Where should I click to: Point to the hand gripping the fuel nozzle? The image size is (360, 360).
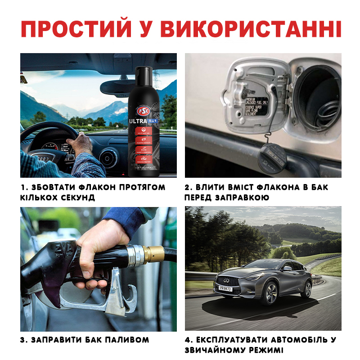coord(101,252)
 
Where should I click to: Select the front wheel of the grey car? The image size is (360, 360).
coord(271,293)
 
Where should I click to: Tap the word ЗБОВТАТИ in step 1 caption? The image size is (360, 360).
coord(59,187)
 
